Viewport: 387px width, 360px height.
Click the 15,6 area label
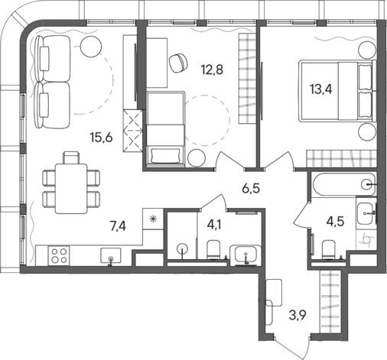101,138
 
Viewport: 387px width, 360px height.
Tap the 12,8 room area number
212,70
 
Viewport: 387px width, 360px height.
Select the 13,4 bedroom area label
321,89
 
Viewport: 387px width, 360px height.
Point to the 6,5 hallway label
251,189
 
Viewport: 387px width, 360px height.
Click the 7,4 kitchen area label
118,226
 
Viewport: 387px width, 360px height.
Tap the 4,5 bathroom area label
336,222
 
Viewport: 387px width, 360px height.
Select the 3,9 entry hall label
298,315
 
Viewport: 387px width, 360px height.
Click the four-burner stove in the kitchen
59,256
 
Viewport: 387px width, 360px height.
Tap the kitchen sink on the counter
111,255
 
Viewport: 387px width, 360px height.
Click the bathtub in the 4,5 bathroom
343,184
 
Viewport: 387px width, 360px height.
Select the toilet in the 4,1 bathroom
213,250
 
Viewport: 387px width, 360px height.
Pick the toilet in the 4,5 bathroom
329,250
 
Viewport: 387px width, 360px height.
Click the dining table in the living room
71,189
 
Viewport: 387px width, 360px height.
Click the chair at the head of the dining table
70,157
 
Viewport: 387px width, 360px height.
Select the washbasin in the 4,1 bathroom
246,255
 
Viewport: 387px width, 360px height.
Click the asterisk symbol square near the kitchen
153,219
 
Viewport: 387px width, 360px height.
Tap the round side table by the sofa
91,47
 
